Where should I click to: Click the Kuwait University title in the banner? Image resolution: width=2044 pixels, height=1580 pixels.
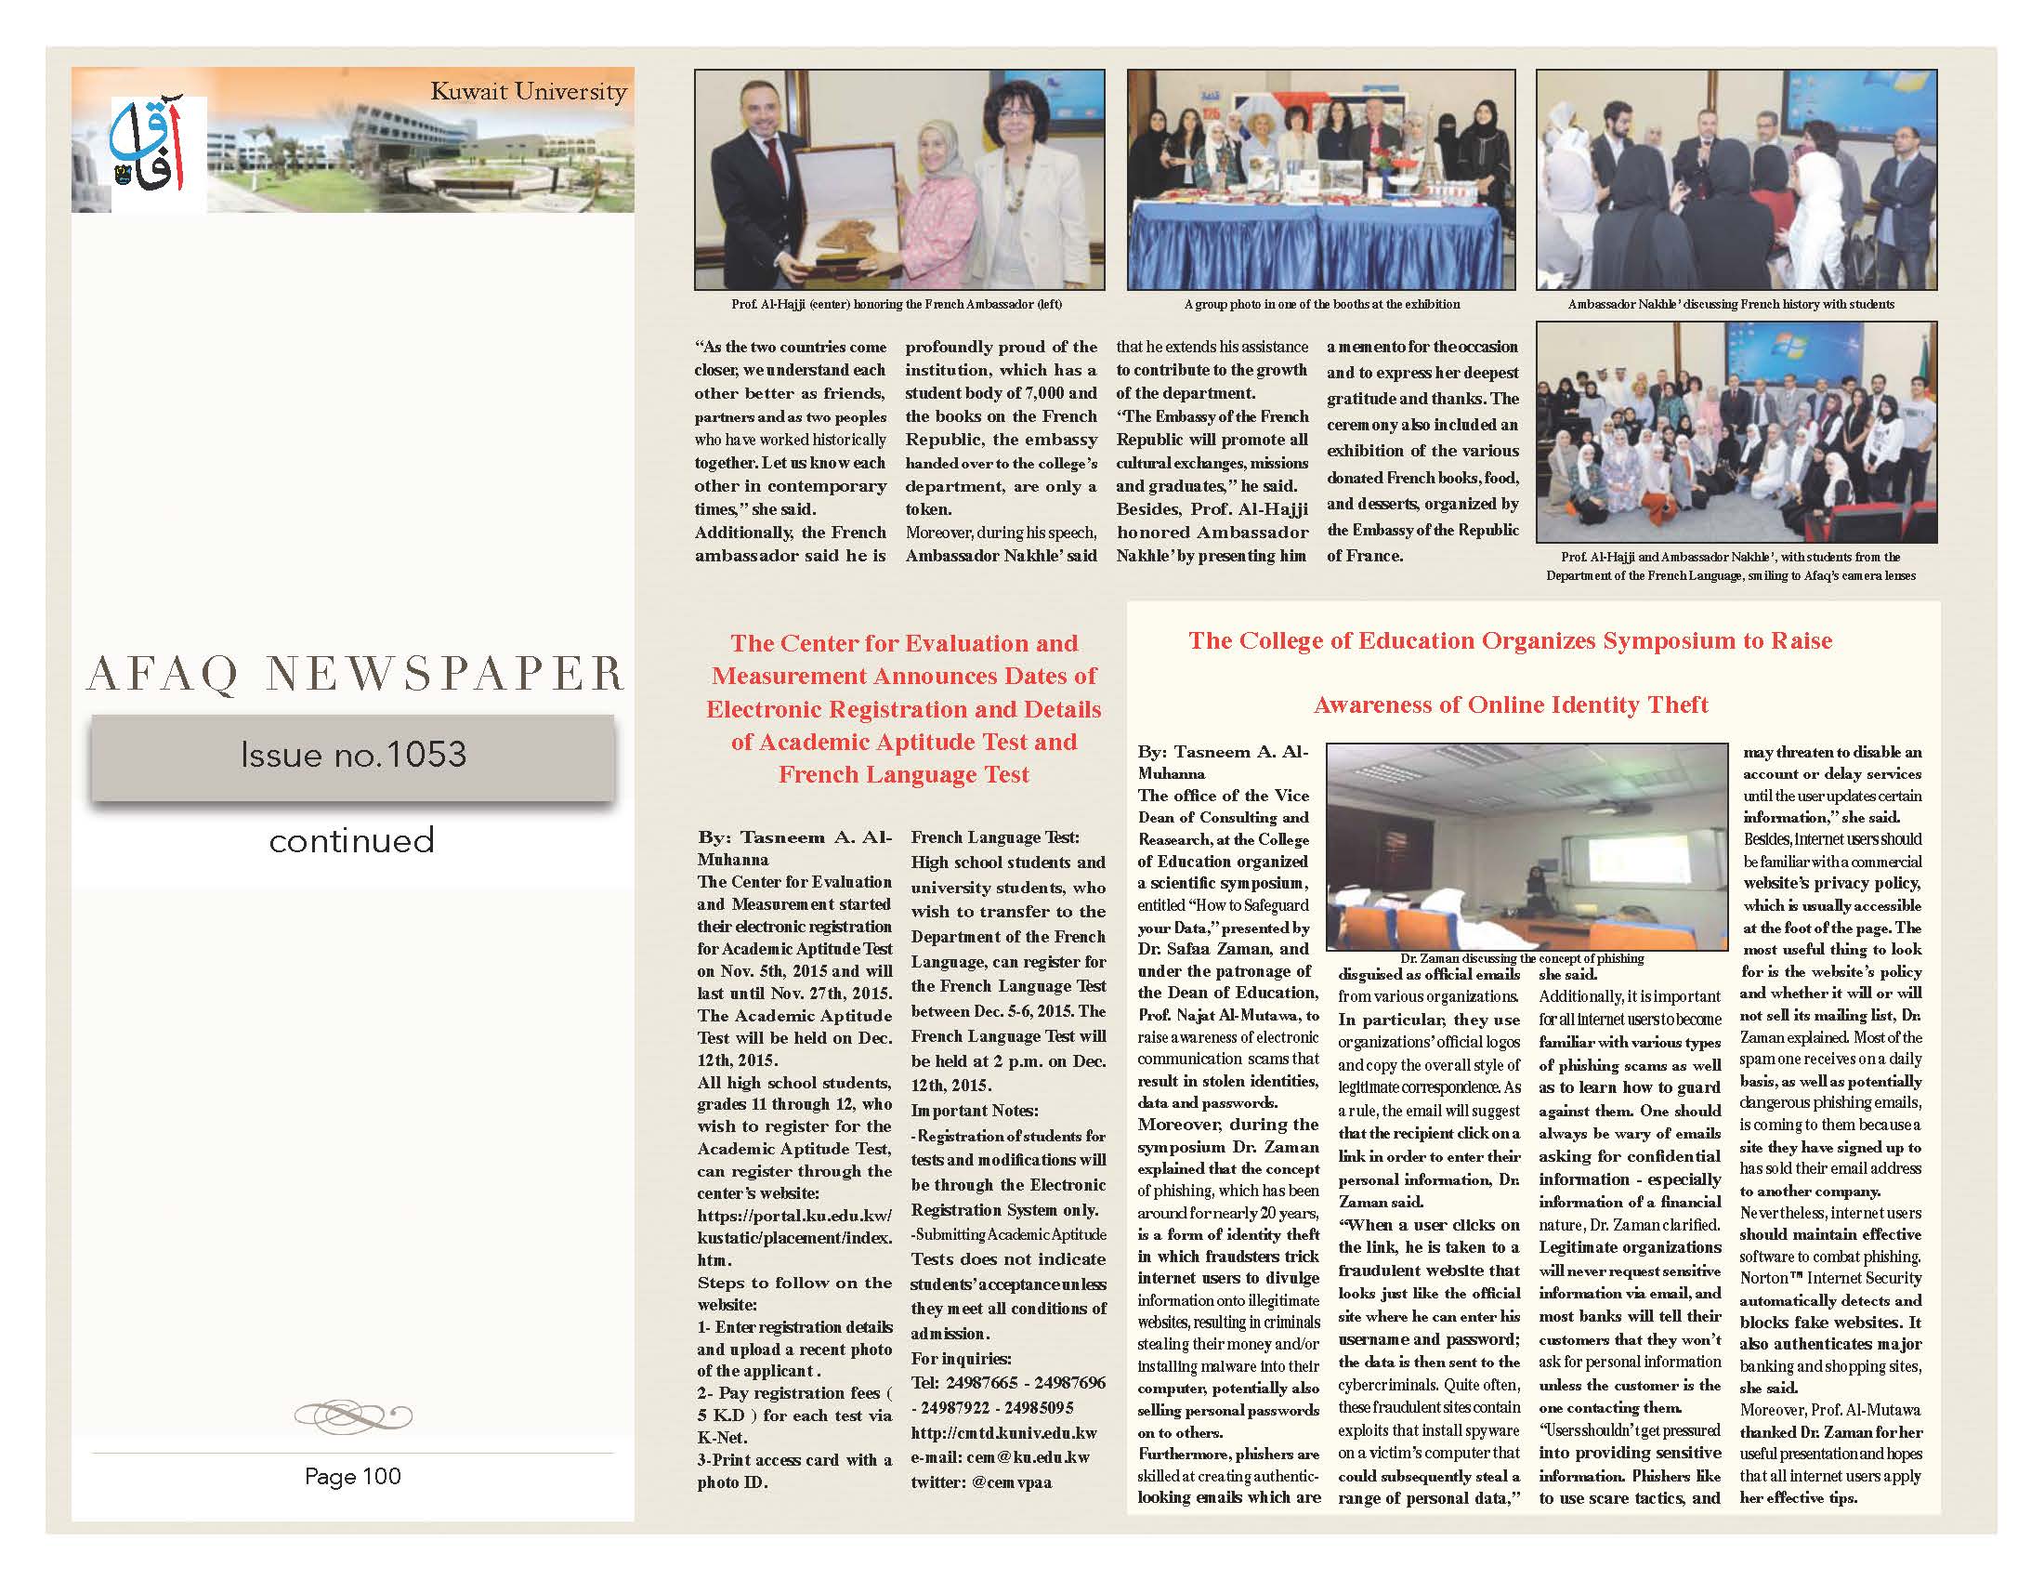(x=528, y=92)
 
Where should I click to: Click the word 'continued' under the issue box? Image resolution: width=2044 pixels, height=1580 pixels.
(x=352, y=840)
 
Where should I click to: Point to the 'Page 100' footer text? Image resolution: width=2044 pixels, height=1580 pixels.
(x=352, y=1476)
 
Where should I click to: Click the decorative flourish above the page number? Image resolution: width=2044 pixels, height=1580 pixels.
(x=353, y=1414)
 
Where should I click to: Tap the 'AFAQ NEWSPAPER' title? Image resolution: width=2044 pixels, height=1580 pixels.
(x=355, y=674)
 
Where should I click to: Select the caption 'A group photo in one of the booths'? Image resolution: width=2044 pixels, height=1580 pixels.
(x=1321, y=304)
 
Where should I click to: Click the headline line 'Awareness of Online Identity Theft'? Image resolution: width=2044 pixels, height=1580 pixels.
(x=1511, y=704)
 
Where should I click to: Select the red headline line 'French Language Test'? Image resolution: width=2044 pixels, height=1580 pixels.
(x=903, y=775)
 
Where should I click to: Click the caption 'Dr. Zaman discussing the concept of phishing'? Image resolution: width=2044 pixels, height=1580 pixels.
(x=1522, y=958)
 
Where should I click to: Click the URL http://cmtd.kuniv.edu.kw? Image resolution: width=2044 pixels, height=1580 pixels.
(x=1003, y=1433)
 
